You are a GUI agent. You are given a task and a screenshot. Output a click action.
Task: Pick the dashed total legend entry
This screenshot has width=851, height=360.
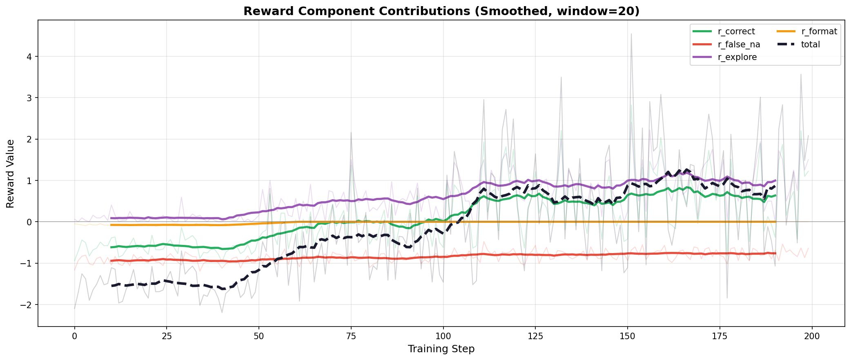coord(810,44)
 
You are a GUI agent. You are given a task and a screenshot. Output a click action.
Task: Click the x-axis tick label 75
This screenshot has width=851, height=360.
coord(351,336)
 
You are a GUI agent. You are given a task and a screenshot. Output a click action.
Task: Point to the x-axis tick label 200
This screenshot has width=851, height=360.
coord(812,336)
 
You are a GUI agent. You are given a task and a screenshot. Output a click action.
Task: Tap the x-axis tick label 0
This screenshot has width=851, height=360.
coord(74,336)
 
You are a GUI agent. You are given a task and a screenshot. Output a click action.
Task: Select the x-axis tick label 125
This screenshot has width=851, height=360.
coord(535,336)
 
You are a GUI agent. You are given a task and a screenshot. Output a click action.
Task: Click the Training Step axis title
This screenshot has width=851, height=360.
coord(441,349)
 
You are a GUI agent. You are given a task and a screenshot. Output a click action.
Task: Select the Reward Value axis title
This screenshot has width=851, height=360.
coord(11,173)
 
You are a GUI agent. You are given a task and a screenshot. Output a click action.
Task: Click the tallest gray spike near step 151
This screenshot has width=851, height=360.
coord(631,34)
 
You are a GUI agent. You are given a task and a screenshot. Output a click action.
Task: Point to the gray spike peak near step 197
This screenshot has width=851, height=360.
coord(801,74)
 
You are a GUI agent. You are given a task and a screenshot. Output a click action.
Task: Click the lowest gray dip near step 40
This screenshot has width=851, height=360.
coord(222,313)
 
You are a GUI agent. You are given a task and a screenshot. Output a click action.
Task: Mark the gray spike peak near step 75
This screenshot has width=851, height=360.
coord(351,132)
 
